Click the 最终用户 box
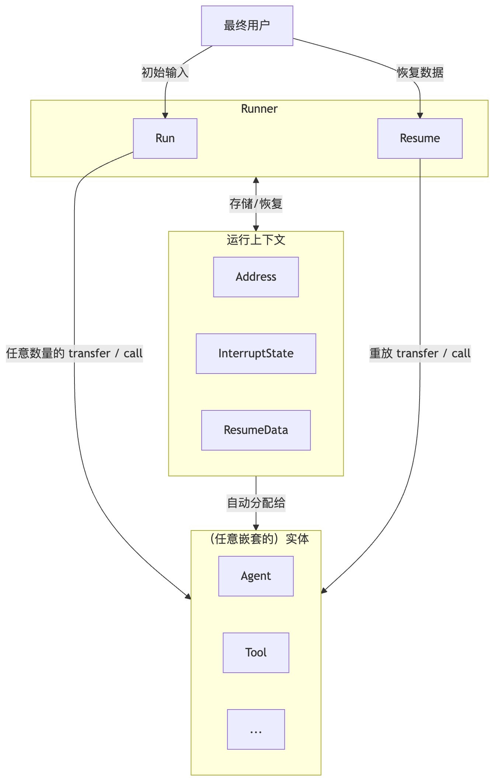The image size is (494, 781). (x=247, y=26)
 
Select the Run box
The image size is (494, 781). (x=165, y=139)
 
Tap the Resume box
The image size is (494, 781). (x=420, y=139)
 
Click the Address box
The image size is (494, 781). (x=256, y=277)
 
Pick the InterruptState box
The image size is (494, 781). (x=256, y=354)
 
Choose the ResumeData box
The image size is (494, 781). (x=256, y=430)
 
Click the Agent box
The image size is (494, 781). (x=256, y=576)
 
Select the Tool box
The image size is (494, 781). (x=256, y=653)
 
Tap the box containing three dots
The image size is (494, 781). (x=256, y=729)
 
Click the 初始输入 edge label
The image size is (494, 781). (x=165, y=73)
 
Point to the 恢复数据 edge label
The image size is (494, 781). (x=420, y=73)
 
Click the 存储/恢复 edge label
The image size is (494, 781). (x=256, y=204)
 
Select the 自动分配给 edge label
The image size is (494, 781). (x=256, y=503)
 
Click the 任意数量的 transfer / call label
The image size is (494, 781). (x=74, y=354)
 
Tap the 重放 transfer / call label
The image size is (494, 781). (x=420, y=354)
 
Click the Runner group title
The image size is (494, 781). (x=259, y=109)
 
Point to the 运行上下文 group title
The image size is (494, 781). (x=256, y=240)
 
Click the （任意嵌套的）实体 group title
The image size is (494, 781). (x=259, y=539)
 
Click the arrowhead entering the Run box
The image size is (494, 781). (x=165, y=116)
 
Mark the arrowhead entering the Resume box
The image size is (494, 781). (x=420, y=116)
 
